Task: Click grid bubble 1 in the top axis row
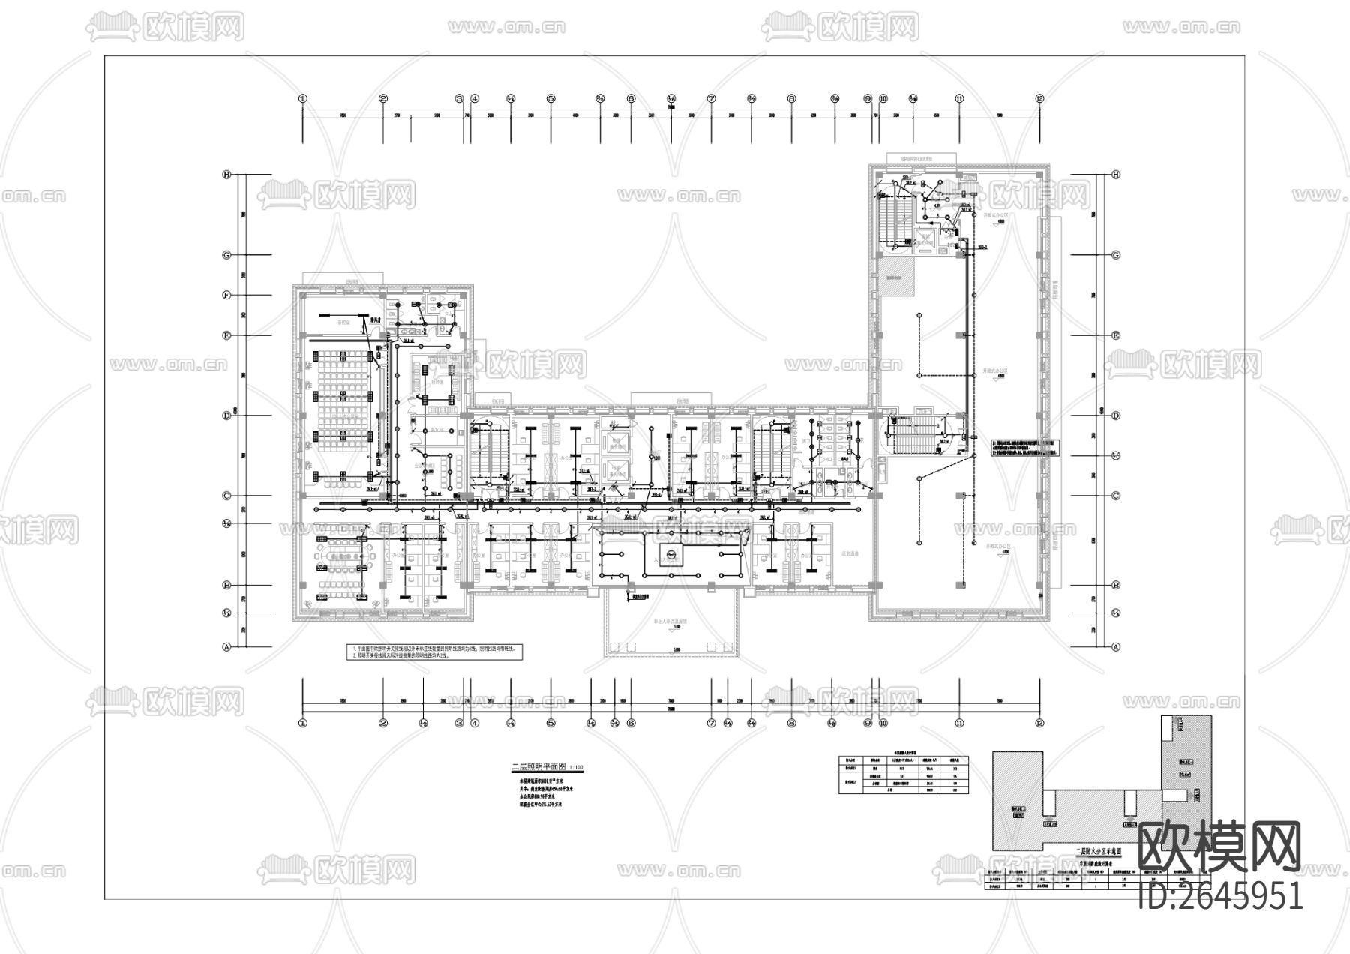point(303,98)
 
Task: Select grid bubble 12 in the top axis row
point(1039,98)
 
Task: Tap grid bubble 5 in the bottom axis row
point(550,723)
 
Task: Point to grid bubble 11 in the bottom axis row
point(959,723)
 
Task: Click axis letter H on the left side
point(226,175)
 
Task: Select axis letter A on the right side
point(1115,646)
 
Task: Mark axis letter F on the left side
point(226,295)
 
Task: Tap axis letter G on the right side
point(1115,255)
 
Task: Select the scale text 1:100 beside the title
point(576,768)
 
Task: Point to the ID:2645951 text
point(1220,895)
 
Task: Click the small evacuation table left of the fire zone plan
point(903,773)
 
